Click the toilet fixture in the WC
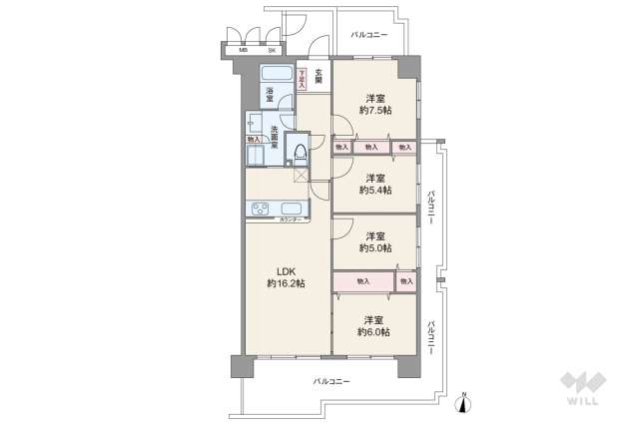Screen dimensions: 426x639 299,151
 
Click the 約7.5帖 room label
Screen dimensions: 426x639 375,104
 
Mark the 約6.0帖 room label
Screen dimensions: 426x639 375,325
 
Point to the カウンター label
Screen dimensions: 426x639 291,218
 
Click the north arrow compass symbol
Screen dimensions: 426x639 463,401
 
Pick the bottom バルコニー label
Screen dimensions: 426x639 330,382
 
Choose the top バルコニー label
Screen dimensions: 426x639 369,34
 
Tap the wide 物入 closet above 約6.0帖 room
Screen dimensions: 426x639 363,282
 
